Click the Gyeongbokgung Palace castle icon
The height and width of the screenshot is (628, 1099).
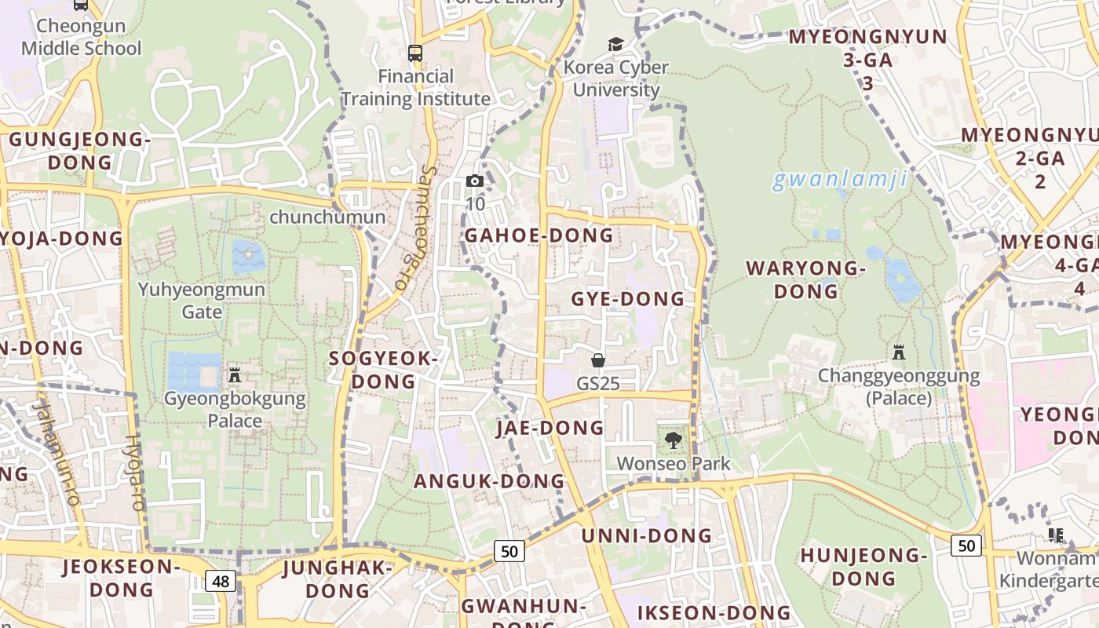tap(234, 375)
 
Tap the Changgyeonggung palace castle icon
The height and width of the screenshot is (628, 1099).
tap(899, 352)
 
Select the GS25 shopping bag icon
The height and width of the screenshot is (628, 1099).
tap(598, 360)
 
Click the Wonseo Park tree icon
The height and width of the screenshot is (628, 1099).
tap(673, 440)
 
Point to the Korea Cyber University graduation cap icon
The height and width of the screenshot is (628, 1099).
tap(615, 45)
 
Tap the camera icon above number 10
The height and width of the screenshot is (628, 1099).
tap(474, 181)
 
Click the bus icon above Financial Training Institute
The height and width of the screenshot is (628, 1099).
tap(414, 53)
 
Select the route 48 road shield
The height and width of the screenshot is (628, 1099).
tap(221, 581)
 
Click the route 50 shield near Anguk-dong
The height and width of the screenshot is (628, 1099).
tap(509, 551)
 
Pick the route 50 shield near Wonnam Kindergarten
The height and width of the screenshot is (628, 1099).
tap(966, 545)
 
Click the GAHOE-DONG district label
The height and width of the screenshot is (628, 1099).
tap(539, 235)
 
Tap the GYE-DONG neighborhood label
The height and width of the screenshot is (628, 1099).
tap(627, 299)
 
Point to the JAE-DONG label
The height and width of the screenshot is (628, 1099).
tap(549, 428)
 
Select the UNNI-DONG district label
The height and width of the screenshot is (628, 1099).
tap(646, 536)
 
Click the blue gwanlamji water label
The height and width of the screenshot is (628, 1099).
tap(840, 180)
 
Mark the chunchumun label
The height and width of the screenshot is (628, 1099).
tap(327, 217)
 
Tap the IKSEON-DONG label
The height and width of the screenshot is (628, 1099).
tap(714, 613)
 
